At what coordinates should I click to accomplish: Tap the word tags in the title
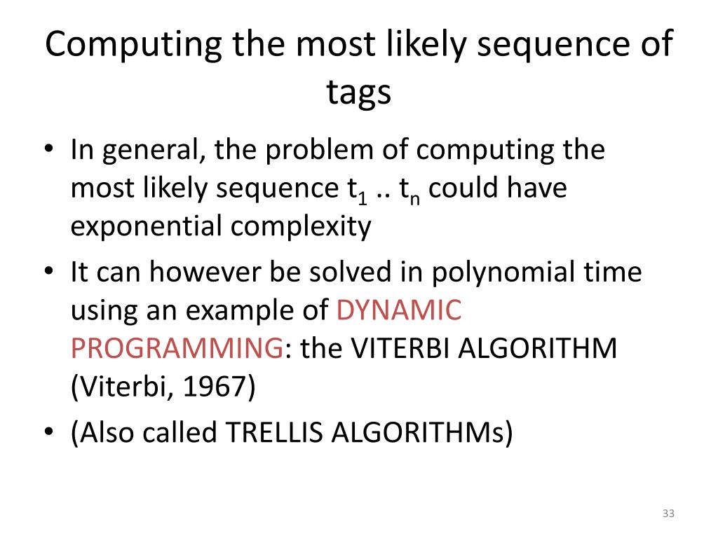pos(358,92)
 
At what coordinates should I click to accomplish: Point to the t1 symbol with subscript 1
pos(358,191)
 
